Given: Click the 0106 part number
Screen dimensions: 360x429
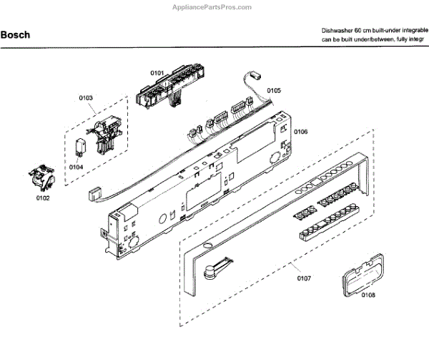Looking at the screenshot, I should point(301,132).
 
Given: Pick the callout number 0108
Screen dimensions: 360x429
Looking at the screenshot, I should point(369,294).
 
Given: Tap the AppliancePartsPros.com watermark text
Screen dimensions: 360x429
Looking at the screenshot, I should point(214,7).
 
